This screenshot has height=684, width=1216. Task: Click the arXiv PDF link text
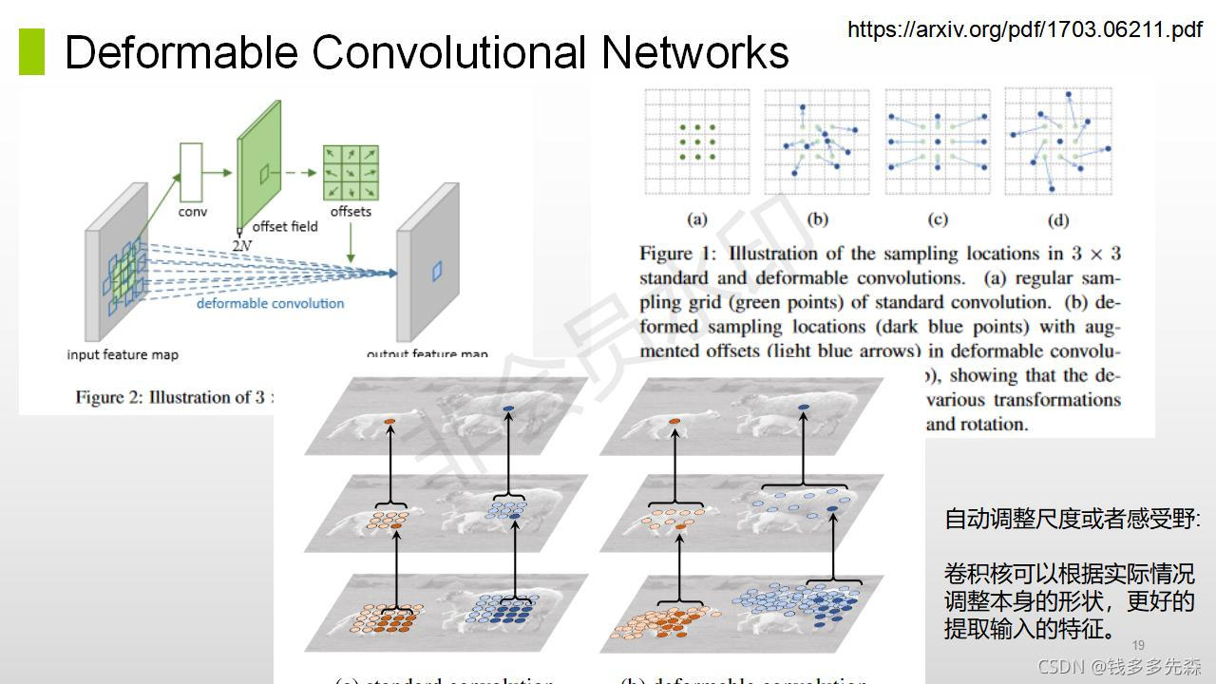click(x=1024, y=30)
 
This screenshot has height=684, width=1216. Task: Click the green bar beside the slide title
click(x=32, y=51)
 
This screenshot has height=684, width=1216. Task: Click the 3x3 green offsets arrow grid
click(x=351, y=171)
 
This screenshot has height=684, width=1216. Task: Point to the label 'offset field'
click(x=285, y=227)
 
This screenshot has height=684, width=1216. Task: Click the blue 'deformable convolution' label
click(x=270, y=303)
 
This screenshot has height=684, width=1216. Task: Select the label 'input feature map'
click(x=123, y=354)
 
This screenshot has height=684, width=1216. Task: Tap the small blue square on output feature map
click(x=437, y=272)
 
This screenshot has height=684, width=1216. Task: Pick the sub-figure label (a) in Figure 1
click(x=697, y=219)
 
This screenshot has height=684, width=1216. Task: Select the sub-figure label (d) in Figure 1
click(x=1057, y=220)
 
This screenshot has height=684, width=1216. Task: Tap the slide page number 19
click(x=1138, y=645)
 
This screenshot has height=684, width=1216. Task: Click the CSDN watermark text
click(x=1118, y=666)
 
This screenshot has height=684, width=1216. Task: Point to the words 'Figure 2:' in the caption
click(x=110, y=397)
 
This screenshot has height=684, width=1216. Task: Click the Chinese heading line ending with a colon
click(x=1072, y=519)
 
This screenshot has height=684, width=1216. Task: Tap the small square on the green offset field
click(x=265, y=172)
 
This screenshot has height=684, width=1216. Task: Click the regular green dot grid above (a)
click(x=697, y=142)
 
